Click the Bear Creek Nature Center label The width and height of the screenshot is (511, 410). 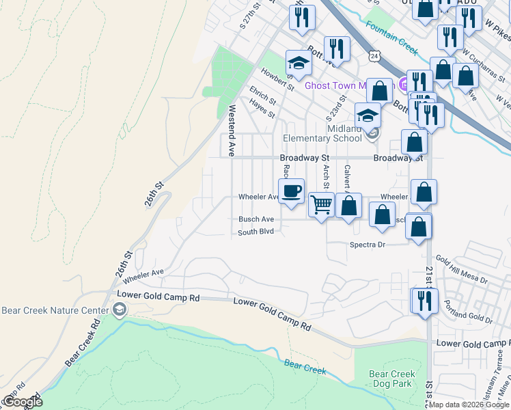click(x=55, y=310)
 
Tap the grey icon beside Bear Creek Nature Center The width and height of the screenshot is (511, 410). click(x=120, y=311)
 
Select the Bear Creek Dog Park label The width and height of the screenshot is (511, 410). click(x=392, y=379)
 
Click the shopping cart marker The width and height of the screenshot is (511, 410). click(x=321, y=204)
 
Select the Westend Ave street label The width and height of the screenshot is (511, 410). click(x=232, y=128)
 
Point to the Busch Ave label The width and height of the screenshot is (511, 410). click(x=255, y=219)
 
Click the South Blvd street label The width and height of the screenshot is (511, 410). click(x=255, y=232)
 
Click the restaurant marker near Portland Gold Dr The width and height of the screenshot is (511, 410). click(x=424, y=300)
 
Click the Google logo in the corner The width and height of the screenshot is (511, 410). click(x=23, y=402)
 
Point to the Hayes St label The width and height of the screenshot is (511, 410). click(x=262, y=108)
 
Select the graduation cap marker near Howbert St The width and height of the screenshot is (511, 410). click(x=298, y=64)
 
